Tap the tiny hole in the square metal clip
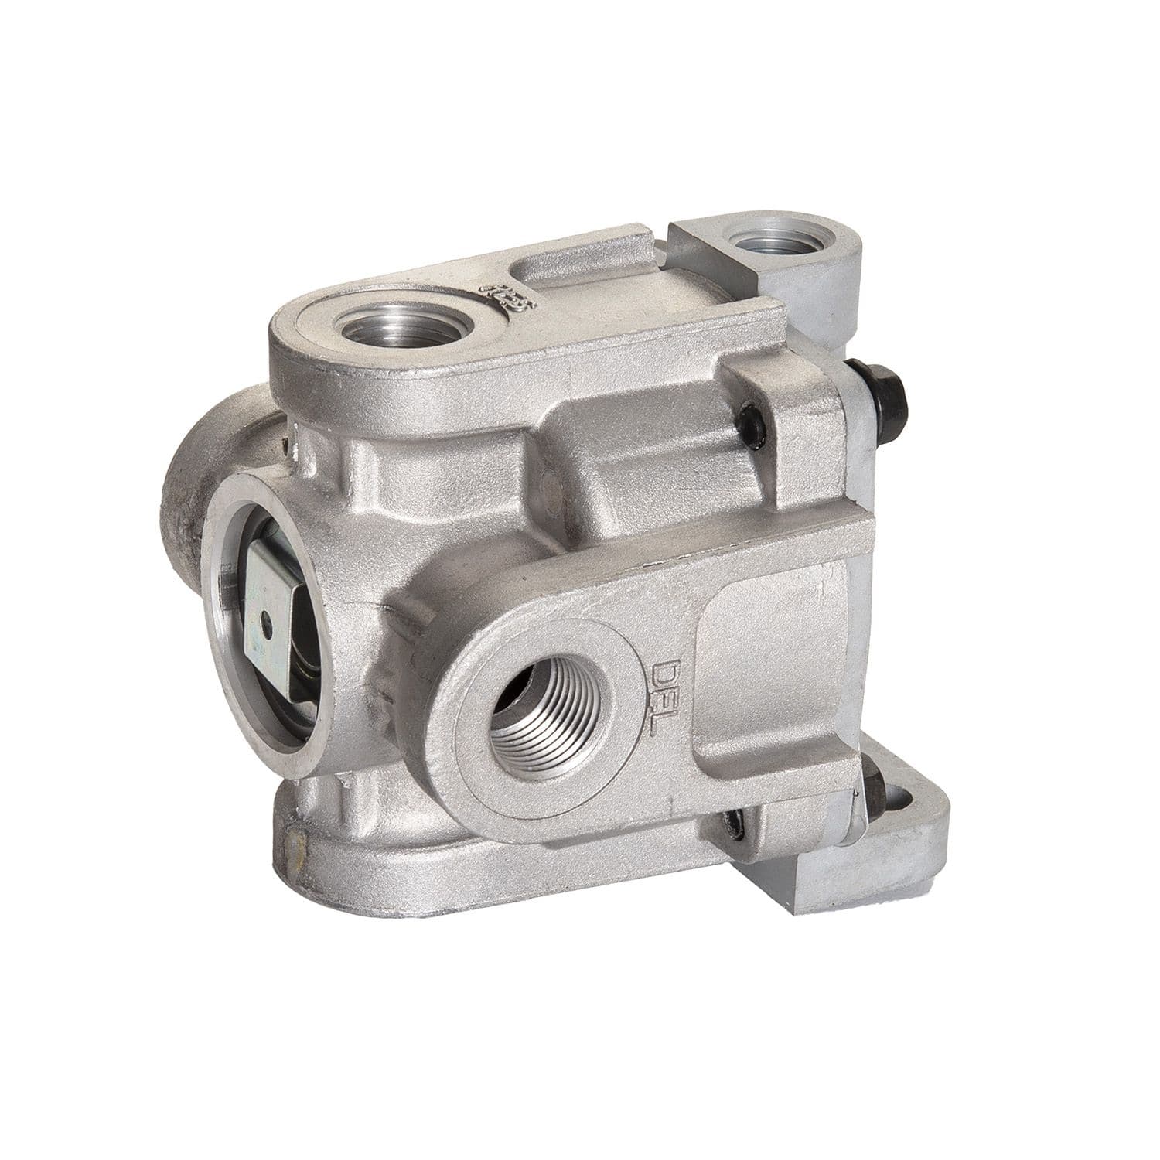point(264,616)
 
